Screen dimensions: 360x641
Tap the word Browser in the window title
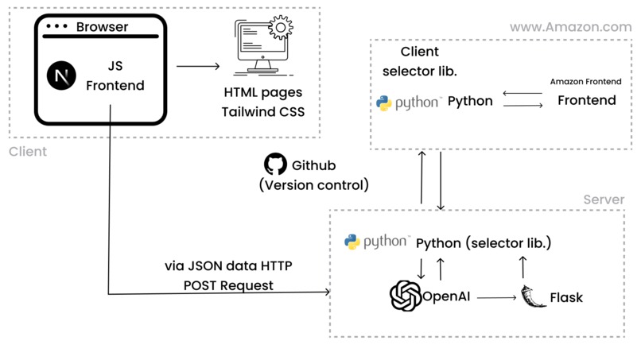(x=102, y=27)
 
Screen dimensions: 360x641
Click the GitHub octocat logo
(x=274, y=165)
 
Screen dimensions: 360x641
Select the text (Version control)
(x=314, y=185)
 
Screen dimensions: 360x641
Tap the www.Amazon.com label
(x=570, y=27)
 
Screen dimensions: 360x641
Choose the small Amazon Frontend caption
(x=585, y=82)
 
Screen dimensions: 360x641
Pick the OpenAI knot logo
(x=405, y=296)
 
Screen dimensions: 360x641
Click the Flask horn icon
(x=532, y=296)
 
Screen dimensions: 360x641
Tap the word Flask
(x=566, y=298)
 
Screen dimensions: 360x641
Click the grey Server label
(x=604, y=199)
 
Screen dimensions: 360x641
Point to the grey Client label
(x=28, y=151)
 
